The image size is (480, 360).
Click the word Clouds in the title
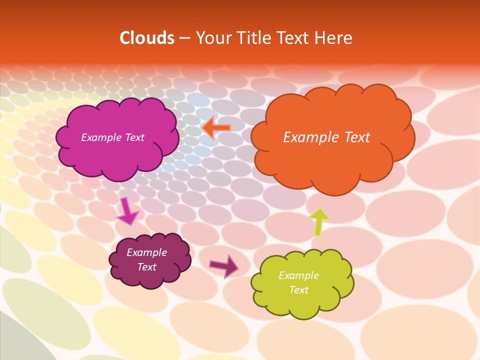pyautogui.click(x=146, y=38)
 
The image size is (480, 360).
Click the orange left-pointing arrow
pyautogui.click(x=216, y=127)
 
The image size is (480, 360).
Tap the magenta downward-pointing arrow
pyautogui.click(x=127, y=212)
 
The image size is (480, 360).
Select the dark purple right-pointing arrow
pyautogui.click(x=224, y=265)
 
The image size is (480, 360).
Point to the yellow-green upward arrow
pyautogui.click(x=318, y=221)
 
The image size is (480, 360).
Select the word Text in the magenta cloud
pyautogui.click(x=134, y=137)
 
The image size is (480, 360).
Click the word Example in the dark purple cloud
pyautogui.click(x=146, y=252)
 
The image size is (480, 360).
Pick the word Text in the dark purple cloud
pyautogui.click(x=146, y=267)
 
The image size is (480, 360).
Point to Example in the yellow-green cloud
pyautogui.click(x=298, y=275)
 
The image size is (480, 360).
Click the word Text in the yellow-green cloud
pyautogui.click(x=298, y=290)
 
